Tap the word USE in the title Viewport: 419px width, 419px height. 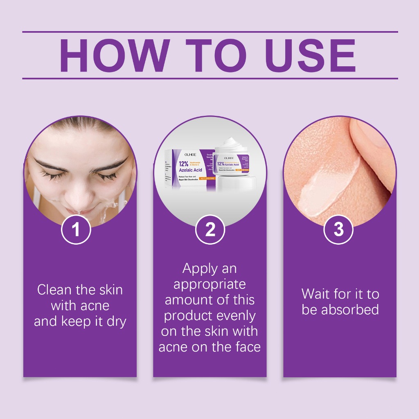(311, 56)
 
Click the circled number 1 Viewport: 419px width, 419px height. (76, 230)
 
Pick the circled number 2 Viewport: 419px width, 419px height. (210, 230)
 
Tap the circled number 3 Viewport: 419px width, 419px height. (338, 230)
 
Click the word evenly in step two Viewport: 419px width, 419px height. (235, 316)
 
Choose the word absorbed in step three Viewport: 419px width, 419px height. (350, 310)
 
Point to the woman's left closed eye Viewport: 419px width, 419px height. (107, 175)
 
